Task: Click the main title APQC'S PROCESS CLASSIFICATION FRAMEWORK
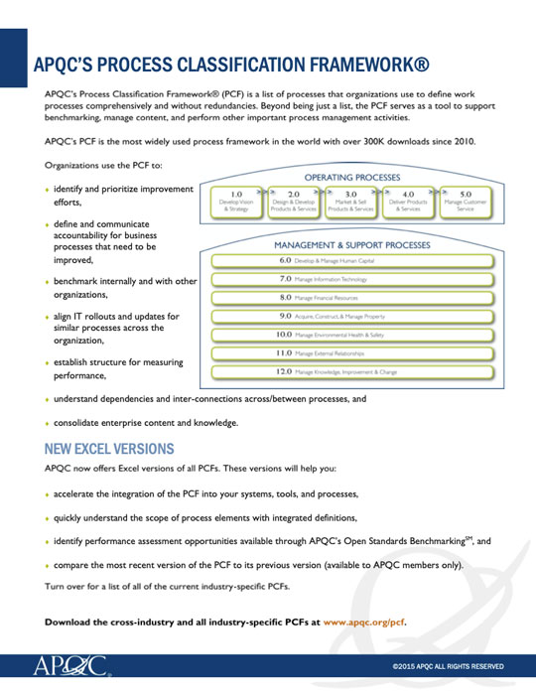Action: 231,67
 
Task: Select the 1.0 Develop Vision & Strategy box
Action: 236,202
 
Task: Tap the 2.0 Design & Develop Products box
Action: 294,202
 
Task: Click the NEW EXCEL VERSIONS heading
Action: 109,449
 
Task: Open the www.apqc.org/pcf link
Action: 364,623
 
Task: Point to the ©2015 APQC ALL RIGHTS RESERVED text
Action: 448,666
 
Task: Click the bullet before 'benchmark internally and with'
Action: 48,282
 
